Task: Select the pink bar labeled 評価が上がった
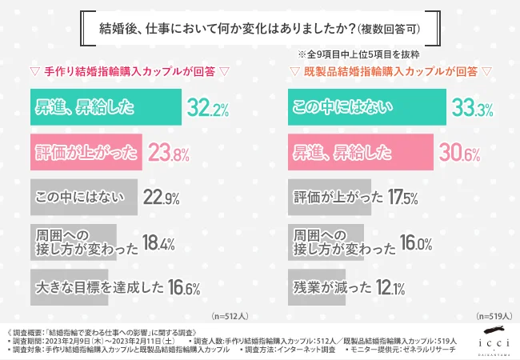(x=85, y=152)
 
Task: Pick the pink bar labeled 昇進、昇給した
(x=358, y=152)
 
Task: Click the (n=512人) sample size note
(x=230, y=317)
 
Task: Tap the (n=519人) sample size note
(x=489, y=317)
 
